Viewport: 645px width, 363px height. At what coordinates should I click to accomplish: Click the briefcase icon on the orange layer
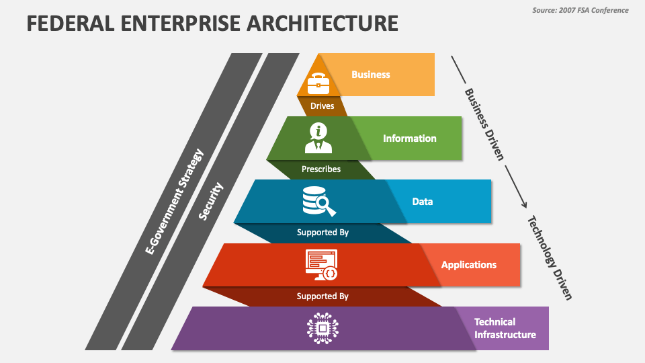tap(318, 82)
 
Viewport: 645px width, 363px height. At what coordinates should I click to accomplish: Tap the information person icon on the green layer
tap(318, 138)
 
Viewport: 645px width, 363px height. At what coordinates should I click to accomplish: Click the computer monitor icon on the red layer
tap(322, 264)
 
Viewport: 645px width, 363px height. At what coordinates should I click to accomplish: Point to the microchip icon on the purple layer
tap(322, 328)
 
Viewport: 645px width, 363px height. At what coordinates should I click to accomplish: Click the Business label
tap(371, 75)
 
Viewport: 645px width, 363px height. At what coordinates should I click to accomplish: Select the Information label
tap(410, 138)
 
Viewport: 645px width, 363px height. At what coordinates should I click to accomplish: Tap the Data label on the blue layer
tap(423, 201)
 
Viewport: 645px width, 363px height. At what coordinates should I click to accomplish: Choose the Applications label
tap(469, 265)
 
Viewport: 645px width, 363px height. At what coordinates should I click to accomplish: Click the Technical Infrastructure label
tap(505, 328)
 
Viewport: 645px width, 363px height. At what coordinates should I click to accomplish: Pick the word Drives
tap(322, 106)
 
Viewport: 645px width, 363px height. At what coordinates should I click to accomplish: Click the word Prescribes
tap(321, 169)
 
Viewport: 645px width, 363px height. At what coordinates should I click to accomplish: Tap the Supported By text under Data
tap(322, 233)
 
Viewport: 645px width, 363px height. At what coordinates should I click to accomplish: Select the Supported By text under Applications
tap(322, 296)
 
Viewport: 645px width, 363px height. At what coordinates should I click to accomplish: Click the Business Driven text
tap(484, 124)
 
